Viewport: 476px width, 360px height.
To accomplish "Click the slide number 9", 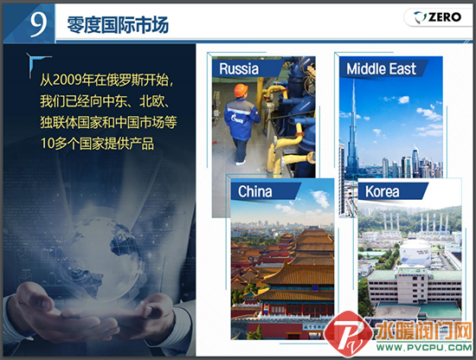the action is tap(38, 23).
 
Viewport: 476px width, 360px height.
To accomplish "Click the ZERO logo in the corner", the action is tap(437, 17).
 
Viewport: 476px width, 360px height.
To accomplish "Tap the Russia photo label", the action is tap(239, 68).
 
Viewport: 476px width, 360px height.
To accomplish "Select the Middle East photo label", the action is tap(381, 69).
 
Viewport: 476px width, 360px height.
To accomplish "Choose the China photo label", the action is tap(254, 191).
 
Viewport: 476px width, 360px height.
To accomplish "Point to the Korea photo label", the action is tap(383, 191).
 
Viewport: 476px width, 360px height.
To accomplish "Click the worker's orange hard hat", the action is tap(241, 91).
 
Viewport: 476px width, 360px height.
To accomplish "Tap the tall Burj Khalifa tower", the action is tap(353, 127).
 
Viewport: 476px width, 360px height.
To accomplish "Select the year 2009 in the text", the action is tap(67, 80).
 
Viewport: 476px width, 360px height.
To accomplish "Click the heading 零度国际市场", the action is tap(118, 24).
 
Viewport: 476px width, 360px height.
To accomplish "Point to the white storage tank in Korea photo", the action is tap(415, 254).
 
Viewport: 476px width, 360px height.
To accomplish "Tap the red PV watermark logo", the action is tap(349, 334).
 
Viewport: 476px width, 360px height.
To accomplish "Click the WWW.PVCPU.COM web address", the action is tap(424, 347).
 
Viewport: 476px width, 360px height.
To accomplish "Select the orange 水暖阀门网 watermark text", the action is tap(423, 331).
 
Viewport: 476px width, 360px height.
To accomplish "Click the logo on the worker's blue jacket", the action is tap(237, 119).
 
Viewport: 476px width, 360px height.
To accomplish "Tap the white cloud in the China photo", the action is tap(320, 198).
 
